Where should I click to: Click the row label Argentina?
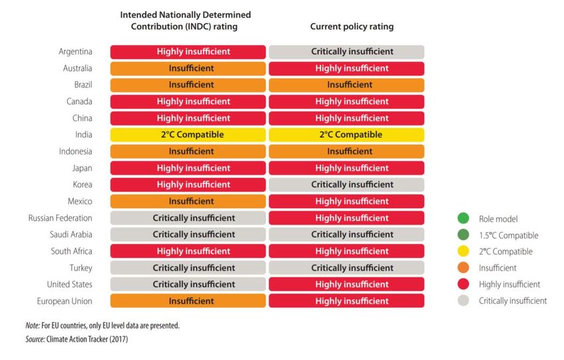75,52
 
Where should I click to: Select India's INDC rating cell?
188,135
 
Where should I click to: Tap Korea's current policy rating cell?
346,184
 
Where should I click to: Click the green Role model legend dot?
463,218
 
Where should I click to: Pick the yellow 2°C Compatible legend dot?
463,251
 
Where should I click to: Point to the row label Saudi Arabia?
71,235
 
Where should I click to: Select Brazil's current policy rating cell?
346,85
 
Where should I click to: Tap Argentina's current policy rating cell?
346,52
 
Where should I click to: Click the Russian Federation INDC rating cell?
188,218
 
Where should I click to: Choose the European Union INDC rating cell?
188,301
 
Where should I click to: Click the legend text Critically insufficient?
512,301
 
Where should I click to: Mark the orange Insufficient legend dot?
463,268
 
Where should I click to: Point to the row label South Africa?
72,251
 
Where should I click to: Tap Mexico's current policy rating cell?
346,201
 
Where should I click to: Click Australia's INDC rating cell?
188,68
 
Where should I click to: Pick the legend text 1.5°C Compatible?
508,235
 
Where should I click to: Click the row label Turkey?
80,268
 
